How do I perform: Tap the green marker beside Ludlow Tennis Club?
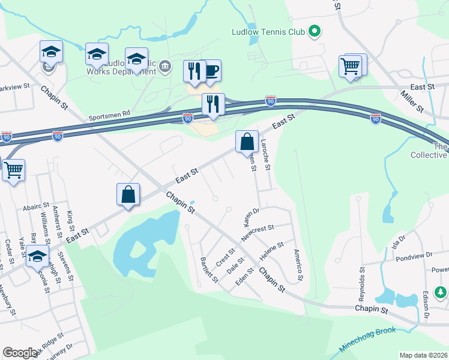tap(314, 31)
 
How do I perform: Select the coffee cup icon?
tap(211, 71)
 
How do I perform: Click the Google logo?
tap(20, 353)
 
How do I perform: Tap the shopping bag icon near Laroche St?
tap(247, 142)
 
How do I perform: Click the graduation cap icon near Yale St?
tap(38, 256)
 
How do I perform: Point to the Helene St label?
tap(271, 251)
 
